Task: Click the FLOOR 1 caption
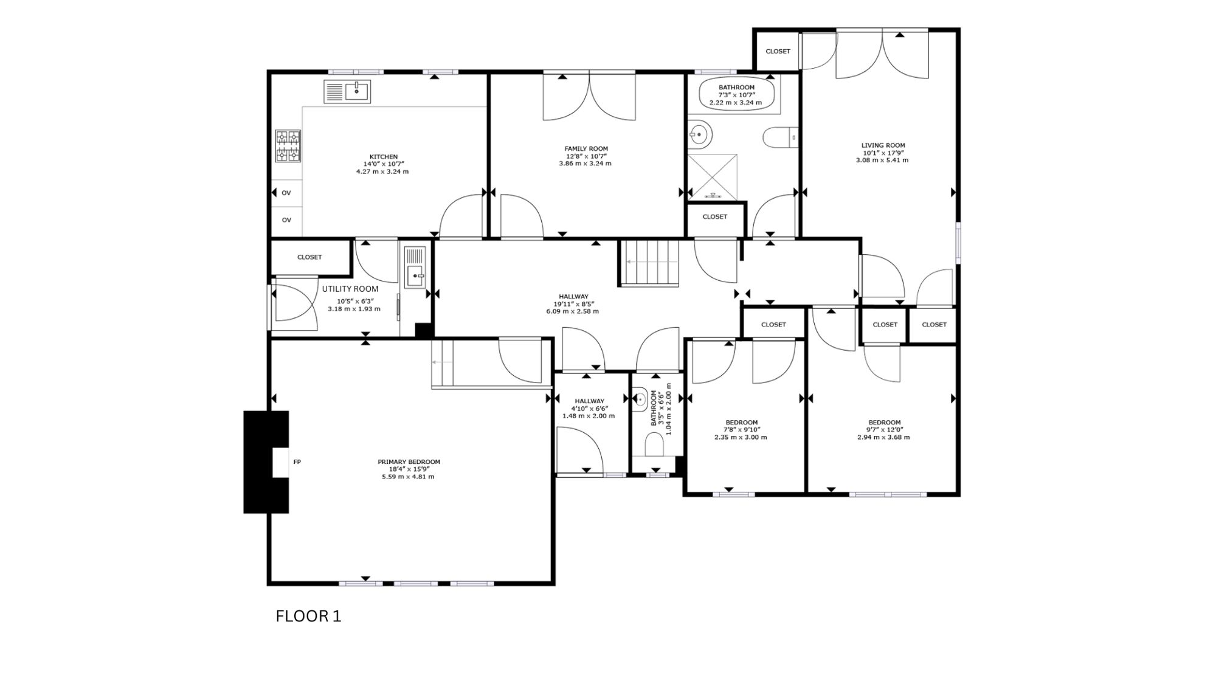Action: (x=308, y=617)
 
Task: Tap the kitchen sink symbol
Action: (x=347, y=92)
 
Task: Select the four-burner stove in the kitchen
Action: (x=288, y=146)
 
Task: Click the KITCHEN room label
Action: (x=383, y=157)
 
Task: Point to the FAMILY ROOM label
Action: (x=586, y=148)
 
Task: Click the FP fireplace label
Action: (x=297, y=462)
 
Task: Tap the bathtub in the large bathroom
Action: (x=737, y=95)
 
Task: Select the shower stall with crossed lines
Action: (x=713, y=176)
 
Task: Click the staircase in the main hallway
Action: (x=649, y=262)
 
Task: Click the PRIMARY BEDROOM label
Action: (x=409, y=462)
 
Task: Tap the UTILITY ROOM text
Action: (x=350, y=289)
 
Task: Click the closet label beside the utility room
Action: (x=309, y=257)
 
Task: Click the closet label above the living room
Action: (x=778, y=51)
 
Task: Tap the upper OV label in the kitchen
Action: (x=286, y=193)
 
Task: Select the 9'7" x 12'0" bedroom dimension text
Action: (x=885, y=430)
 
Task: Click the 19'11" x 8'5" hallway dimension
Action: (x=572, y=304)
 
